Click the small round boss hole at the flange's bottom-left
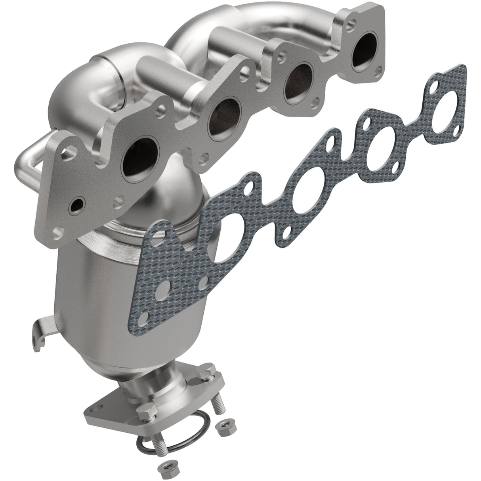[75, 206]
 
